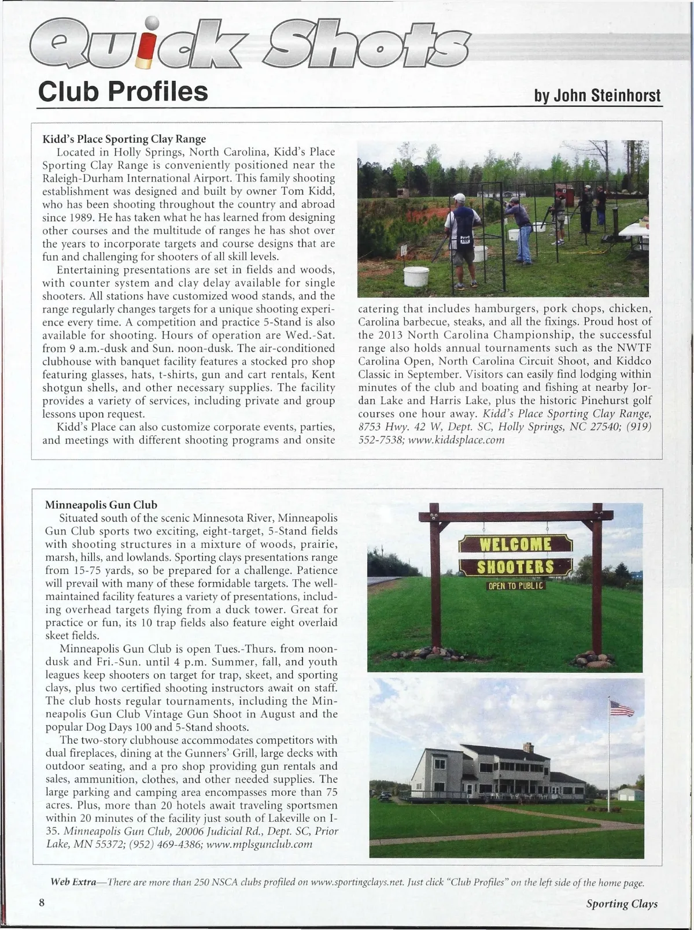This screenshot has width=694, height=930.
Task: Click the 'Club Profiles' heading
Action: (123, 91)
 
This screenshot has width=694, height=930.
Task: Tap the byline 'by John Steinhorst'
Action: (597, 95)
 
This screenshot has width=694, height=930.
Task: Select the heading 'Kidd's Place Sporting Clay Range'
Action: (124, 139)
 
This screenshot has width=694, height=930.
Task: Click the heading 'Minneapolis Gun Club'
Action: (101, 505)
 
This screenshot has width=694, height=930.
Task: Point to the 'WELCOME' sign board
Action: (515, 544)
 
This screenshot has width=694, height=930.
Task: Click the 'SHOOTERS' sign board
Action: (515, 567)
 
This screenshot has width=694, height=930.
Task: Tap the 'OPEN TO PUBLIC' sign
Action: (516, 586)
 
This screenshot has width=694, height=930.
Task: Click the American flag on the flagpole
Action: (622, 708)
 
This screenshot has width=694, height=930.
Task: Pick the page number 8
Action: (42, 903)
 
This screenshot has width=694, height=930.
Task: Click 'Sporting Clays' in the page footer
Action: (622, 903)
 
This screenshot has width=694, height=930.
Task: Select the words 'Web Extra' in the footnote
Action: (73, 882)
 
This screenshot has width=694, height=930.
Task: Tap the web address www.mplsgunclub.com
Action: (259, 844)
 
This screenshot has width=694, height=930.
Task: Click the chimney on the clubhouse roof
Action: (528, 747)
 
